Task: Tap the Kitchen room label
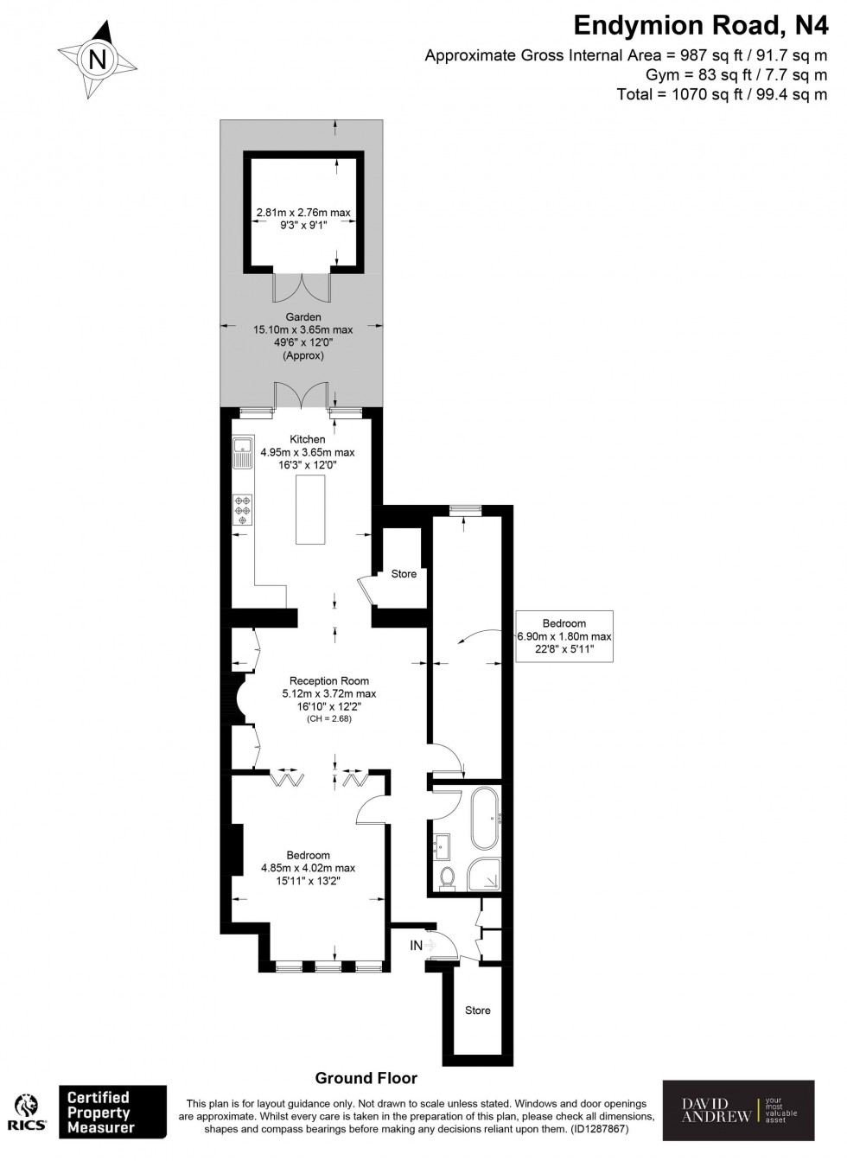coord(307,439)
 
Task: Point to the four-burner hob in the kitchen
coord(243,510)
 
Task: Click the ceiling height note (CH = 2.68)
coord(328,719)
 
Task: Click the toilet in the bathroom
coord(448,877)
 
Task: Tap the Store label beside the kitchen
coord(404,574)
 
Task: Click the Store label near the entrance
coord(477,1010)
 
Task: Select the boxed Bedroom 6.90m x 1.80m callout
coord(564,636)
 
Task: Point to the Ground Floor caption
coord(366,1078)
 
